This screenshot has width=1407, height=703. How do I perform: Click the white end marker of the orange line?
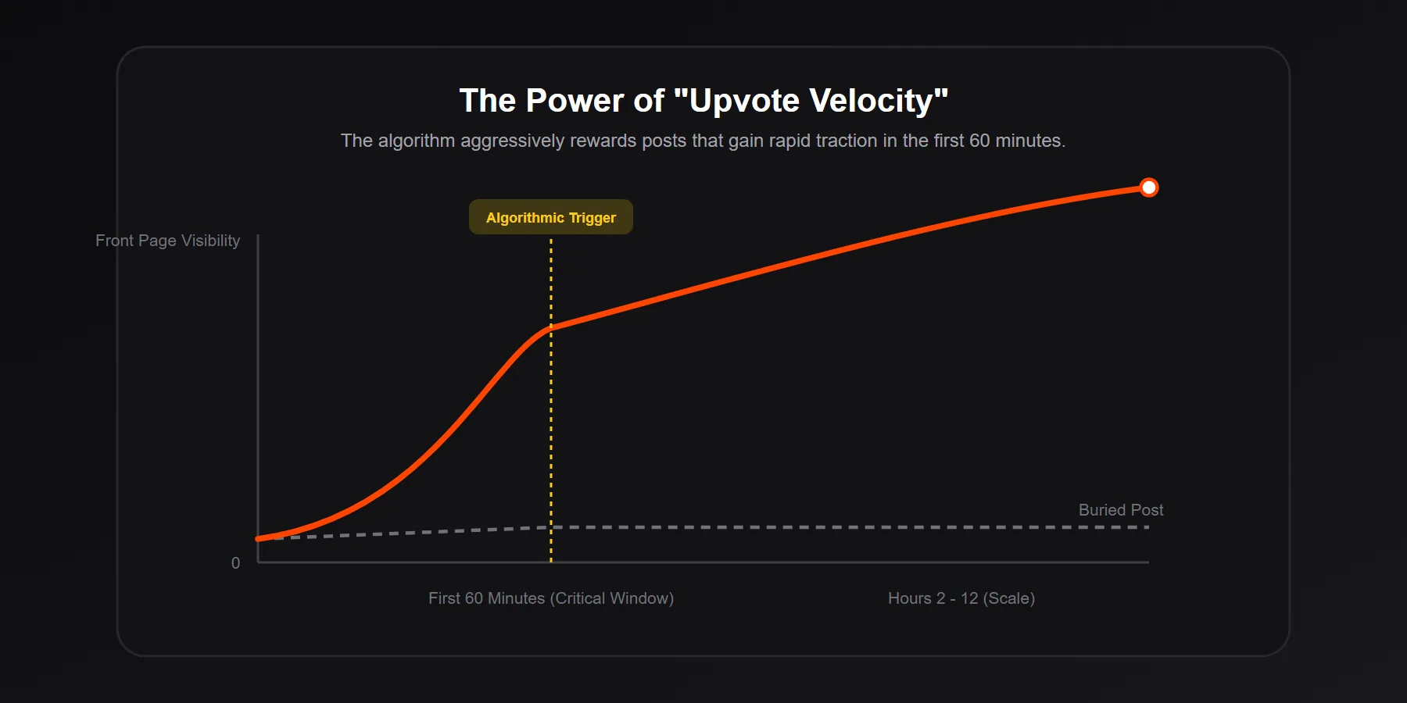coord(1148,187)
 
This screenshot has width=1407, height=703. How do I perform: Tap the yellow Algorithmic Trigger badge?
coord(550,217)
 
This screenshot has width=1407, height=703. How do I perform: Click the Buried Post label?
coord(1120,510)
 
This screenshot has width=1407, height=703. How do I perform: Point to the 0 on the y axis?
coord(235,563)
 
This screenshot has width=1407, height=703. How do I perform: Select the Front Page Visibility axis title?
coord(167,241)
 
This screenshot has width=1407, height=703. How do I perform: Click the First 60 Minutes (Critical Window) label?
coord(550,598)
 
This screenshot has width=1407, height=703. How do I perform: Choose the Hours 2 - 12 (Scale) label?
coord(961,598)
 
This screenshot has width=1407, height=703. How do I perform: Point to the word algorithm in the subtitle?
coord(416,141)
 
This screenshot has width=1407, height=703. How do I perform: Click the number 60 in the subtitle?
coord(979,141)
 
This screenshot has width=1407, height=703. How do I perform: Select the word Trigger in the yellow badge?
coord(592,218)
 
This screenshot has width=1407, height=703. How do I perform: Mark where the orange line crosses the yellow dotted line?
coord(551,328)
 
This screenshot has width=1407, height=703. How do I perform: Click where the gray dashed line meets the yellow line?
coord(551,527)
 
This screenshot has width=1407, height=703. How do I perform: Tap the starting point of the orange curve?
coord(259,539)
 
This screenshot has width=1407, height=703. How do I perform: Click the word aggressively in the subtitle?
coord(512,141)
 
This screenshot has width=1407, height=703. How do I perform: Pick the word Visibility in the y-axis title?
coord(210,241)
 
